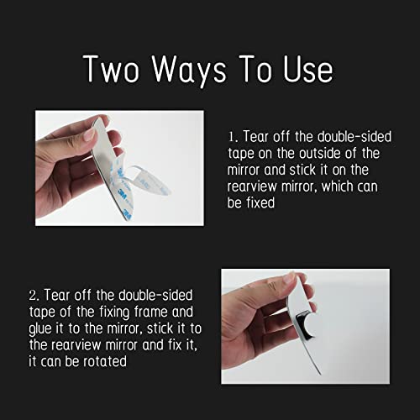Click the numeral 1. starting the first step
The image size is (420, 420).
[232, 136]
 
